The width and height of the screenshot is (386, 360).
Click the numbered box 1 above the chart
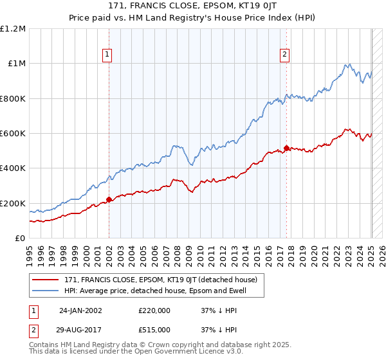(107, 55)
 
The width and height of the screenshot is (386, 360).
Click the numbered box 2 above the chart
(284, 55)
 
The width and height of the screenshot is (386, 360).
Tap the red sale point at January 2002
(109, 199)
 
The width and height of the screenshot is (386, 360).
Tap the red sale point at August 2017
(287, 148)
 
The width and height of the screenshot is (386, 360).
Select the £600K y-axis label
(14, 134)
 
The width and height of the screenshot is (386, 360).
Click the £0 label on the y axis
(19, 239)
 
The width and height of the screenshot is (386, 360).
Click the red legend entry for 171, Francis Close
(161, 280)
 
